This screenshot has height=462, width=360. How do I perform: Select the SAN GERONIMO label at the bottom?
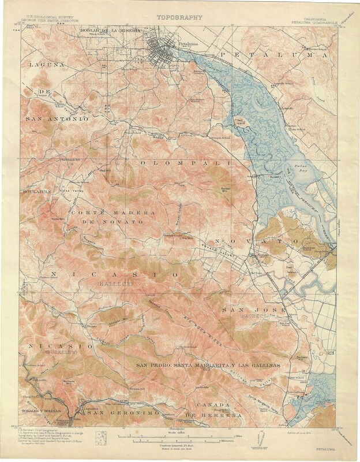pos(121,414)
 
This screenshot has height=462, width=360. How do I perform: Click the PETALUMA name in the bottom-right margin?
pos(328,448)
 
